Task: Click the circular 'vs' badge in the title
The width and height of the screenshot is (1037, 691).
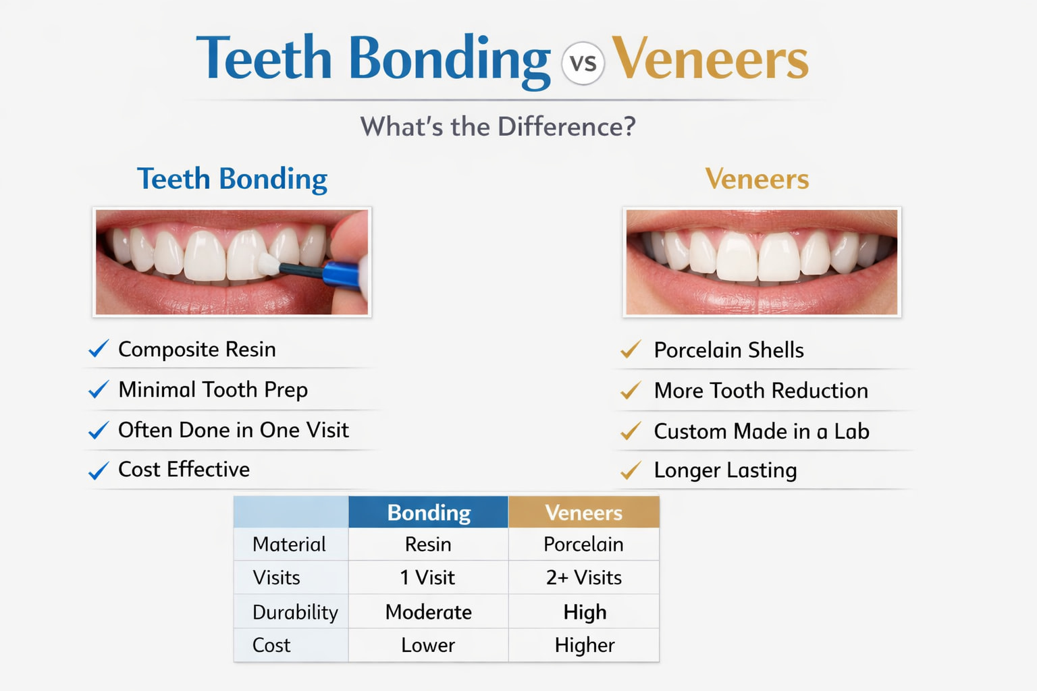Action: click(x=583, y=63)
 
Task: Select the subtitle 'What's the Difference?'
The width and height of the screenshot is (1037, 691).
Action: click(x=498, y=127)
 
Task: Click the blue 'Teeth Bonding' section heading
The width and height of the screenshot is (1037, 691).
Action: click(x=232, y=179)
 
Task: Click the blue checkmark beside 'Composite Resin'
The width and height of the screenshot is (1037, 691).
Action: click(x=99, y=349)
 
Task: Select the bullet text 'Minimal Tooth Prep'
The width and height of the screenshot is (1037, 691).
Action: click(x=213, y=390)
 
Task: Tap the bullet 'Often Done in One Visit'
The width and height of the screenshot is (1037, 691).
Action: click(x=233, y=430)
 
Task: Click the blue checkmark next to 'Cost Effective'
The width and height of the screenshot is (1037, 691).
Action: click(x=99, y=470)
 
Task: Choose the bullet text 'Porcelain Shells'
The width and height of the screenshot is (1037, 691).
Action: click(x=728, y=350)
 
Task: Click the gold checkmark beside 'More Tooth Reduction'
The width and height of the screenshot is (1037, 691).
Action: click(x=631, y=391)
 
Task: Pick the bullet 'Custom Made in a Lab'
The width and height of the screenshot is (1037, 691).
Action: click(x=761, y=431)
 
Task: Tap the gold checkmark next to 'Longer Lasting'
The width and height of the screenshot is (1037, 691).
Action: click(x=631, y=470)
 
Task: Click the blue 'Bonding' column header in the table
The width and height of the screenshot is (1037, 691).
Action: click(x=428, y=513)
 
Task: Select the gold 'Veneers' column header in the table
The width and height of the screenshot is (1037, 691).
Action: click(x=583, y=513)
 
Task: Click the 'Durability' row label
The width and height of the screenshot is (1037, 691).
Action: click(x=294, y=612)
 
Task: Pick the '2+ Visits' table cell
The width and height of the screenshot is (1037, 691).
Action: click(x=583, y=578)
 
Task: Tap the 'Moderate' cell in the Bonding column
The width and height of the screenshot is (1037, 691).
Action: click(x=428, y=612)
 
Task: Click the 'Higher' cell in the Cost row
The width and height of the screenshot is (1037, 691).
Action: click(x=584, y=645)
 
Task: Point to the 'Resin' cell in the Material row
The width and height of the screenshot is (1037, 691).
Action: click(x=428, y=544)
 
